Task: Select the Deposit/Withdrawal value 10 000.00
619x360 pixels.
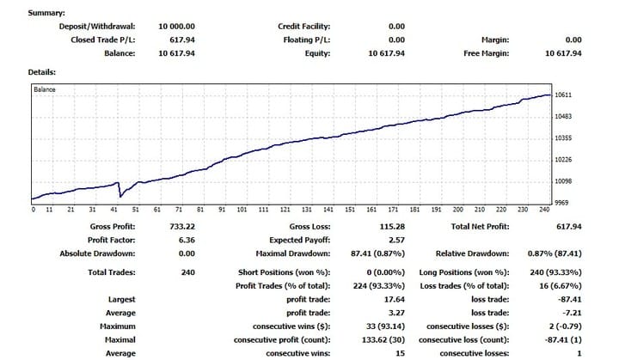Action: pos(176,27)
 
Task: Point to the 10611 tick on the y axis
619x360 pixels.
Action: pos(565,95)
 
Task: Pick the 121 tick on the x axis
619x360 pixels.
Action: pos(285,210)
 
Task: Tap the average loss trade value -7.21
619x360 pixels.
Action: pos(571,314)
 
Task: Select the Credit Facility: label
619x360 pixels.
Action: pos(304,27)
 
